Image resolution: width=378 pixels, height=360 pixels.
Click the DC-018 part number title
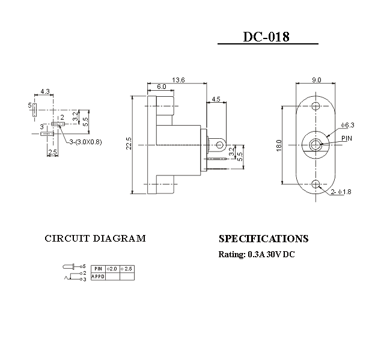266,37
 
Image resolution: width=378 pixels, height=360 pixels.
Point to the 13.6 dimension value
178,80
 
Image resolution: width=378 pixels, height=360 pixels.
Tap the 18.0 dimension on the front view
279,145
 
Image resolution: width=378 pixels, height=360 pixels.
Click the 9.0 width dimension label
316,80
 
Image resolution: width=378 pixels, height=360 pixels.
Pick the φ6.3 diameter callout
347,125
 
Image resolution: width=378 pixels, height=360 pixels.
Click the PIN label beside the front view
347,138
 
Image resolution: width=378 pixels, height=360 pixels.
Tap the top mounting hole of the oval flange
316,106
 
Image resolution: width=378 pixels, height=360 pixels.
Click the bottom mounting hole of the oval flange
316,183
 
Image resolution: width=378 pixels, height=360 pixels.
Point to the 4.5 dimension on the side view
216,99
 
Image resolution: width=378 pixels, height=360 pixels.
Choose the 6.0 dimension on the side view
162,88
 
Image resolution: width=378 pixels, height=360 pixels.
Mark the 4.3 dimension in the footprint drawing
44,92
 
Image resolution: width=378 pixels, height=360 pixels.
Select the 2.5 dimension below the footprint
52,152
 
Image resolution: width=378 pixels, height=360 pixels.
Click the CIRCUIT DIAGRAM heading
95,239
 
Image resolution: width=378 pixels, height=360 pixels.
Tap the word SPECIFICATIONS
263,239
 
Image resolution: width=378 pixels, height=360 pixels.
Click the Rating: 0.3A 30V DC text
257,254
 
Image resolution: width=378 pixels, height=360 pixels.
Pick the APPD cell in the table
99,276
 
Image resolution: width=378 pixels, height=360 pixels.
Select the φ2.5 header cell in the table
127,268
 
